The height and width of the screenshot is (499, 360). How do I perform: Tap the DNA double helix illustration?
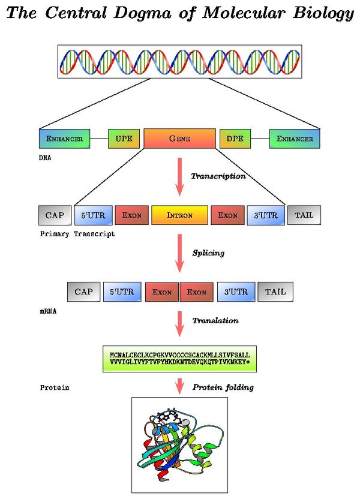point(179,61)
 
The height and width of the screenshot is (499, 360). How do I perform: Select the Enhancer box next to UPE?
point(64,139)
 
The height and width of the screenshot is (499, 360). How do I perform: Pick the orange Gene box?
point(179,139)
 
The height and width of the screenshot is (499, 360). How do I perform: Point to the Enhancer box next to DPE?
point(295,139)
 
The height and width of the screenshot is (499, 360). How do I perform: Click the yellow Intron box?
point(179,215)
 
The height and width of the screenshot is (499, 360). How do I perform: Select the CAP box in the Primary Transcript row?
point(55,214)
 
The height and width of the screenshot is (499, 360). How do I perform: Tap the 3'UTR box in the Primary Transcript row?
point(265,215)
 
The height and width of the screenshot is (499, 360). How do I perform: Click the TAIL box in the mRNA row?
point(275,292)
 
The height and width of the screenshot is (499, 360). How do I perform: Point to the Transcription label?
point(218,176)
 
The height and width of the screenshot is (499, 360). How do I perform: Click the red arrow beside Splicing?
point(179,253)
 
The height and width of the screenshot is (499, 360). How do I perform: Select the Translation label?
point(215,321)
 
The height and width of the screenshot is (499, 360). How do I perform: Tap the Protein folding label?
point(223,387)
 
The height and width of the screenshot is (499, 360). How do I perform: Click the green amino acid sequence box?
point(179,359)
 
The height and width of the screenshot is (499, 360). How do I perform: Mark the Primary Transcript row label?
point(76,234)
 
